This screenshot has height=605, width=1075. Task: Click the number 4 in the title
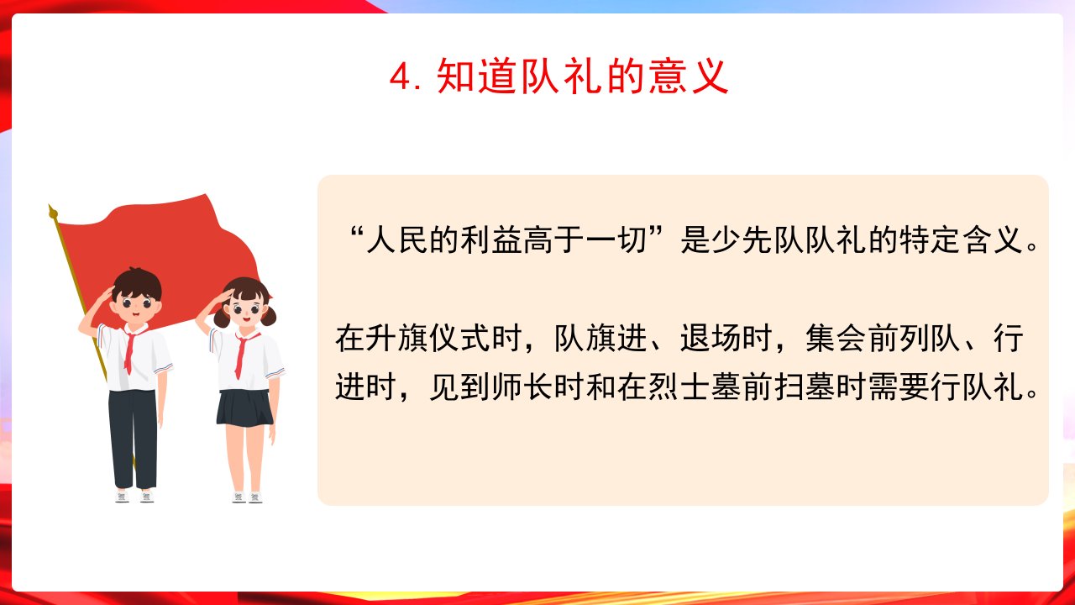click(x=401, y=76)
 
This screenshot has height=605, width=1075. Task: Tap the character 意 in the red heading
click(x=667, y=76)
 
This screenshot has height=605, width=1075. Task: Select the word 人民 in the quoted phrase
click(x=397, y=239)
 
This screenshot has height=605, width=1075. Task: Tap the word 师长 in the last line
click(x=522, y=387)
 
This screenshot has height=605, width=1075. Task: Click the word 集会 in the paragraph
click(x=836, y=338)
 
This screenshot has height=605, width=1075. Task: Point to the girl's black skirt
click(x=244, y=408)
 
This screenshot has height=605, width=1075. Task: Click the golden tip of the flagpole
click(x=52, y=212)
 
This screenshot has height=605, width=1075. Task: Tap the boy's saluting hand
click(x=106, y=294)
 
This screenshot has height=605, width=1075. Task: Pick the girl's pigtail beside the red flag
click(x=270, y=315)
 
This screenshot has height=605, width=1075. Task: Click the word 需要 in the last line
click(x=899, y=387)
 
